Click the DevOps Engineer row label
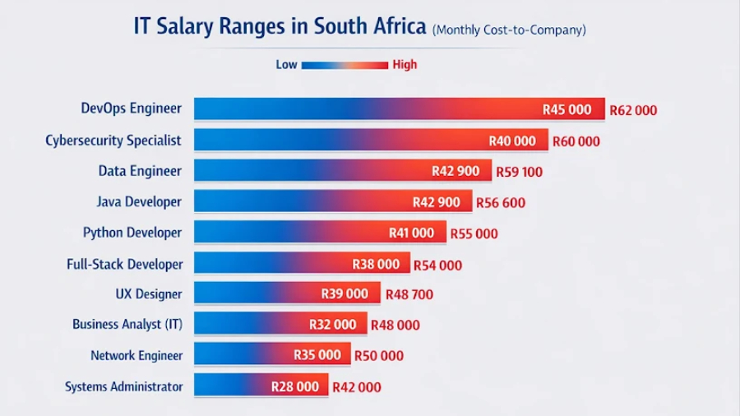pyautogui.click(x=131, y=109)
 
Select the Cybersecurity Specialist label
pyautogui.click(x=113, y=140)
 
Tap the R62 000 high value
pyautogui.click(x=633, y=110)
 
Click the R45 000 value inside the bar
pyautogui.click(x=567, y=109)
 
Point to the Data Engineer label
pyautogui.click(x=140, y=171)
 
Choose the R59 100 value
pyautogui.click(x=519, y=172)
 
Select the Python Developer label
pyautogui.click(x=132, y=233)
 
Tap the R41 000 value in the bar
pyautogui.click(x=411, y=233)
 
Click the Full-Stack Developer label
pyautogui.click(x=124, y=264)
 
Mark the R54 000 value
pyautogui.click(x=437, y=265)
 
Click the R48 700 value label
pyautogui.click(x=409, y=294)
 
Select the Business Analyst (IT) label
pyautogui.click(x=127, y=324)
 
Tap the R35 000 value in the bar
pyautogui.click(x=317, y=355)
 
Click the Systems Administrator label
pyautogui.click(x=123, y=386)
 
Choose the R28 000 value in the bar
pyautogui.click(x=295, y=386)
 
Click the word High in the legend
pyautogui.click(x=405, y=64)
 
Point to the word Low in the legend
pyautogui.click(x=286, y=64)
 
